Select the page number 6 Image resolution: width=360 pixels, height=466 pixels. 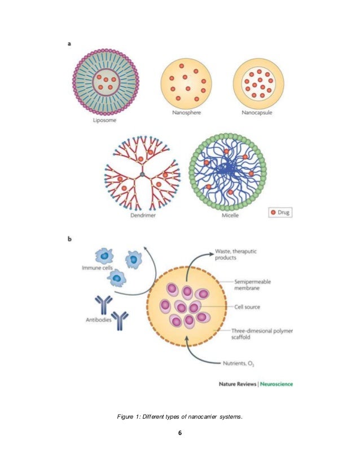click(x=179, y=433)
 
